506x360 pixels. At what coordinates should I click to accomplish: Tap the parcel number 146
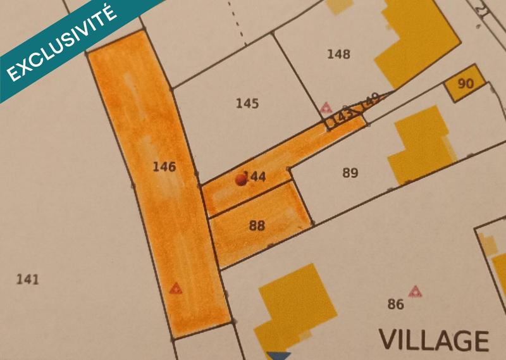[164, 167]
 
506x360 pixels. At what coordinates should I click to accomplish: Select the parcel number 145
[247, 103]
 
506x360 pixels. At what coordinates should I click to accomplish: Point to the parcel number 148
[338, 54]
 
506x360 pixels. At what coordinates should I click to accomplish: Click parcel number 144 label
[255, 177]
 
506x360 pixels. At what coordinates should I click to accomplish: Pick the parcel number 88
[257, 225]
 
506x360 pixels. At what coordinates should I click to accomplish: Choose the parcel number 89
[350, 173]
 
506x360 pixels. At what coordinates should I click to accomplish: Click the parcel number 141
[28, 279]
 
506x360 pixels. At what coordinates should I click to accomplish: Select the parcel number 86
[395, 304]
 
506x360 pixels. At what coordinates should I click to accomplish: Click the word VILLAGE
[434, 340]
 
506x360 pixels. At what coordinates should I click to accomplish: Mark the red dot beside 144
[240, 180]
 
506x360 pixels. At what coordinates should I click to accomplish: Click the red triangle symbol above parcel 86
[415, 291]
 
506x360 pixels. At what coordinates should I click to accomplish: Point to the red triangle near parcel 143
[326, 107]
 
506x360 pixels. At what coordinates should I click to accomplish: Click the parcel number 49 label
[372, 99]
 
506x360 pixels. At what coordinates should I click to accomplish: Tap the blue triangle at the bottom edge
[278, 356]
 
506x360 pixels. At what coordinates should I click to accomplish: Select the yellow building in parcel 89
[421, 142]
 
